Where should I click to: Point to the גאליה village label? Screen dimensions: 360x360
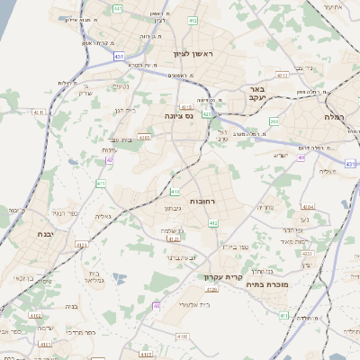[103, 217]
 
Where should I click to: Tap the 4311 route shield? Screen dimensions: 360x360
[36, 112]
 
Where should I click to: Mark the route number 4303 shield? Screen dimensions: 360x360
[144, 137]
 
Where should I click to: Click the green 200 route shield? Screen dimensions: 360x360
[274, 120]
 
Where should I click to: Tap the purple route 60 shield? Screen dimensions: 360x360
[157, 306]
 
